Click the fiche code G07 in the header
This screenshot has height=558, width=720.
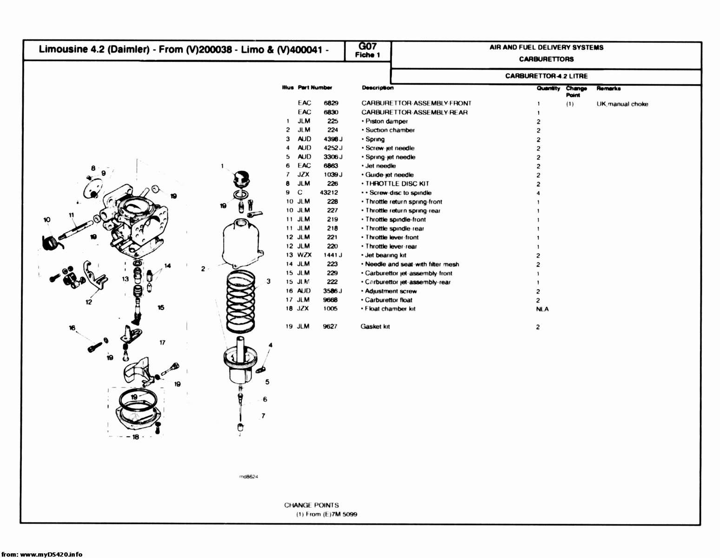pos(367,46)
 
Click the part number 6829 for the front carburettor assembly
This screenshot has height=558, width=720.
pos(331,103)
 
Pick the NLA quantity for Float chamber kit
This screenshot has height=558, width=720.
pos(542,309)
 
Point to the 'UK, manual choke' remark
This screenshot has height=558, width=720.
pos(622,104)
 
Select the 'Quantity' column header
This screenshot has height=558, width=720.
pos(548,88)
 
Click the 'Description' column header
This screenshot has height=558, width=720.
pos(377,88)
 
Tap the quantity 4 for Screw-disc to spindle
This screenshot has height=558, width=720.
pos(538,193)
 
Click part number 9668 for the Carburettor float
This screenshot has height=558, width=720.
pos(330,300)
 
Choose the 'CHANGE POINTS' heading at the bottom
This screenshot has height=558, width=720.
pos(311,505)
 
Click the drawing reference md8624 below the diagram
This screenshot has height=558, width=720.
pos(248,477)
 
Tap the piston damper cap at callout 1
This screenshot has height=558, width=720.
pos(241,177)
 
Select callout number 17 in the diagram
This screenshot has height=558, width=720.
pos(162,343)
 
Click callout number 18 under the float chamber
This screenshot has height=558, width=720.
pos(135,437)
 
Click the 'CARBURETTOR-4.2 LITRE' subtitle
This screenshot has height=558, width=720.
pos(546,76)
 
